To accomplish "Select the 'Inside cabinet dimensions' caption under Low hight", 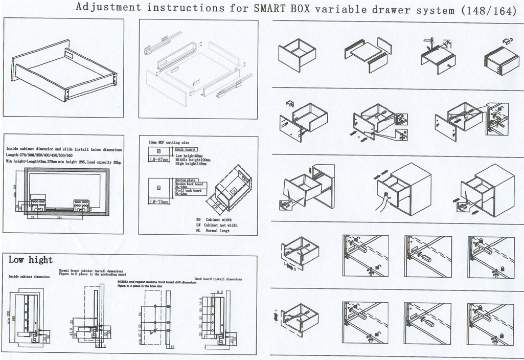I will pyautogui.click(x=29, y=276).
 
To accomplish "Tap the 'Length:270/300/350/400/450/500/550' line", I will pyautogui.click(x=40, y=155).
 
